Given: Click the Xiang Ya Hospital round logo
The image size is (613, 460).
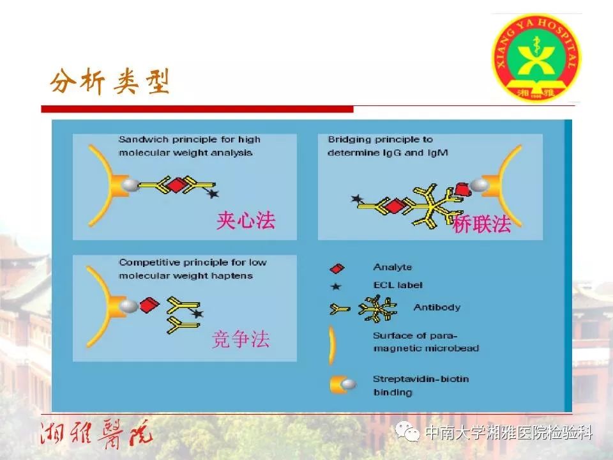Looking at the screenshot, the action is (x=536, y=58).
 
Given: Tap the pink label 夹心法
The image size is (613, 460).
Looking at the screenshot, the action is (x=246, y=220).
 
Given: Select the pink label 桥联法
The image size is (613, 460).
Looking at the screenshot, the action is (x=481, y=224).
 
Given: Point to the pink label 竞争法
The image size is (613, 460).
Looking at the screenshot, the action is (x=241, y=339).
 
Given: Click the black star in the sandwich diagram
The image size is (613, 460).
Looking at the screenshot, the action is (x=213, y=193).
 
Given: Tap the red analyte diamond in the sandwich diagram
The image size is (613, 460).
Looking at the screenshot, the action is (x=177, y=185).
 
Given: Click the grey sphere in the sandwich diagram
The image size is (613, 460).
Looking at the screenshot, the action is (x=130, y=185).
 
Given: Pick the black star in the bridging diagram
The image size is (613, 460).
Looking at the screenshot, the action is (x=356, y=199).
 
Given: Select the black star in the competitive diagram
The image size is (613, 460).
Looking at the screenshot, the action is (x=197, y=313).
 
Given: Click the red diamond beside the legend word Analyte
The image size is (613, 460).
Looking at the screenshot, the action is (x=337, y=268).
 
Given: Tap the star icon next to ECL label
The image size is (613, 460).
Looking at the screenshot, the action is (x=336, y=286).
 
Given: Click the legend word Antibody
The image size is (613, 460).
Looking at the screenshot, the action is (x=437, y=307).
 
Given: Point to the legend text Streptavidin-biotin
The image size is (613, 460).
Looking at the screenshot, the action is (x=421, y=379).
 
